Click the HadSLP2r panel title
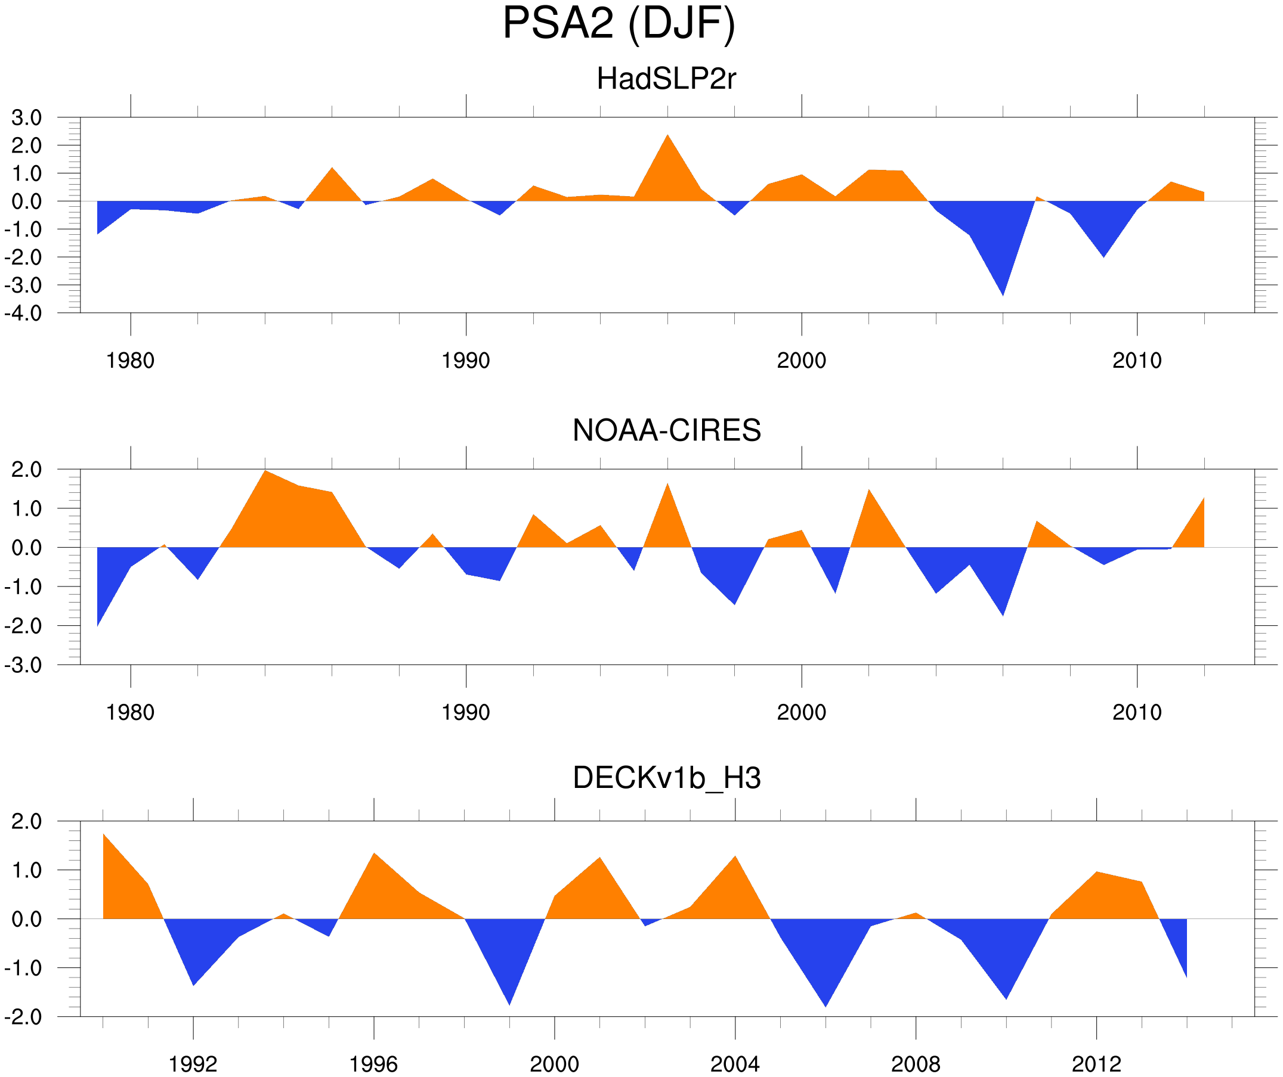coord(666,79)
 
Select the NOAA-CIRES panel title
coord(666,430)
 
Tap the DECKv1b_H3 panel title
coord(666,778)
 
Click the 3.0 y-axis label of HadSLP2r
coord(27,118)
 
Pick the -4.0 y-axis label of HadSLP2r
coord(23,314)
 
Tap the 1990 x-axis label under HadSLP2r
coord(466,361)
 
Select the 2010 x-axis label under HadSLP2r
coord(1136,361)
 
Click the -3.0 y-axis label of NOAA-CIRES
coord(23,666)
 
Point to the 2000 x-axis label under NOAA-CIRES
coord(801,712)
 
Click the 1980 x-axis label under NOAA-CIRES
coord(130,712)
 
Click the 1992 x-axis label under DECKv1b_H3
coord(193,1064)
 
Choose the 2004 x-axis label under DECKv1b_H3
coord(734,1064)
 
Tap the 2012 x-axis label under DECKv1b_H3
coord(1096,1064)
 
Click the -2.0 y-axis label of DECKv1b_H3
coord(23,1017)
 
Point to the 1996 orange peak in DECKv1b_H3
coord(374,856)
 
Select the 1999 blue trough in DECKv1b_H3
coord(509,1001)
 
